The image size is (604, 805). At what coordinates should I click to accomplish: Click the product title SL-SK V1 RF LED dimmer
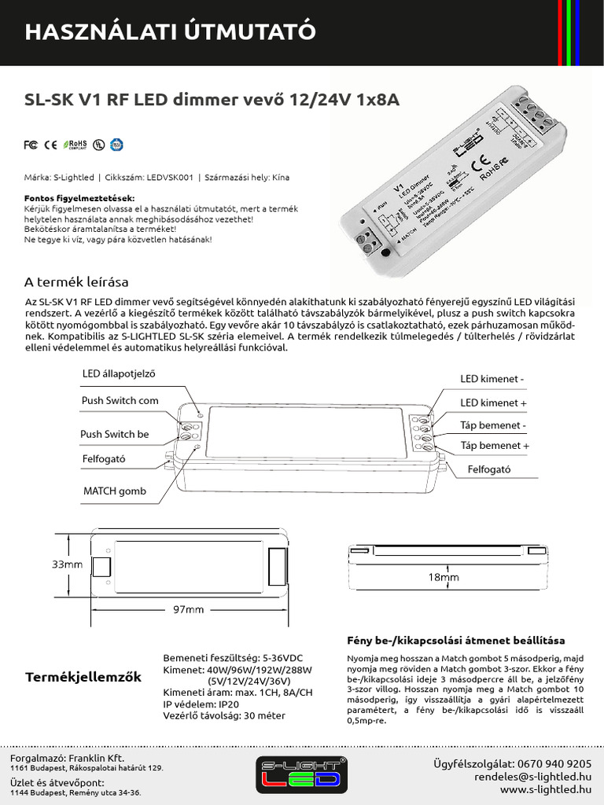tap(213, 101)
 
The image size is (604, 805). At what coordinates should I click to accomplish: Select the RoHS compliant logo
tap(75, 145)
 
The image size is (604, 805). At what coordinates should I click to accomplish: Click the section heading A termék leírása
tap(76, 282)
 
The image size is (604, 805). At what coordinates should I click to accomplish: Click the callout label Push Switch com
tap(120, 400)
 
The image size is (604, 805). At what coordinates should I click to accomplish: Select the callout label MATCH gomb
tap(115, 491)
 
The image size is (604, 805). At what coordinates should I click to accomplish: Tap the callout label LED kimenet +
tap(493, 402)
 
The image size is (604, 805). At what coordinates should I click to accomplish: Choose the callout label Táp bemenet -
tap(493, 425)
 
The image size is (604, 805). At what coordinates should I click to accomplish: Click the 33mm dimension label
tap(67, 564)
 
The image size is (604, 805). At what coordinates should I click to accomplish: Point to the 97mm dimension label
tap(188, 609)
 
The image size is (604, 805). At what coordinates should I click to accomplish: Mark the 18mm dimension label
tap(444, 577)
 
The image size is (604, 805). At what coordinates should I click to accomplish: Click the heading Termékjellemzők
tap(83, 676)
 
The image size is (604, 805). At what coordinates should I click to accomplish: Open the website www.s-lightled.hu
tap(545, 788)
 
